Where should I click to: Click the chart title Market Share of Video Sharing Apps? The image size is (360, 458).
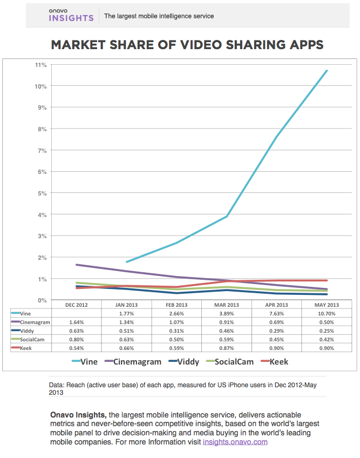(x=187, y=45)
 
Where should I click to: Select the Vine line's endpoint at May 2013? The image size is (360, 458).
(x=327, y=71)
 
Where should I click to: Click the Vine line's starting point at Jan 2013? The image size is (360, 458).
(x=126, y=262)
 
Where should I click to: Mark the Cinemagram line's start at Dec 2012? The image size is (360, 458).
(x=77, y=265)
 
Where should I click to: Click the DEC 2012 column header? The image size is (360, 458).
(x=77, y=305)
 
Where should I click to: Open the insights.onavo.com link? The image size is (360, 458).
(x=235, y=442)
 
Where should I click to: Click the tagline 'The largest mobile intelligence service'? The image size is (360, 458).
(x=159, y=16)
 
